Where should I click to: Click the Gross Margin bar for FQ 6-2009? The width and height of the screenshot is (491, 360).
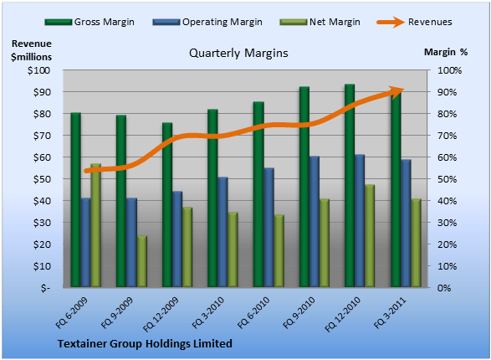tap(75, 199)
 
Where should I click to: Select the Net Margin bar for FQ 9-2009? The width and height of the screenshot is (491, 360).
tap(142, 261)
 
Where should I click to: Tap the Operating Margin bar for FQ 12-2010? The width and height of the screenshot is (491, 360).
tap(360, 220)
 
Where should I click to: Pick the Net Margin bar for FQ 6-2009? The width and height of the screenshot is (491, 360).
tap(96, 225)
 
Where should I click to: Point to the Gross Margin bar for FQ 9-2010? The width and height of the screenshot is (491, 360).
tap(304, 187)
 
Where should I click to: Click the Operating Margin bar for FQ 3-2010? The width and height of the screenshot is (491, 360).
tap(222, 232)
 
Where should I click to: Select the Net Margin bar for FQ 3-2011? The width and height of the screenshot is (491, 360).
tap(416, 243)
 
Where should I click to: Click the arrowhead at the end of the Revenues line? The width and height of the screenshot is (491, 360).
tap(397, 91)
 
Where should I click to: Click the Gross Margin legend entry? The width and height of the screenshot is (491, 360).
tap(90, 22)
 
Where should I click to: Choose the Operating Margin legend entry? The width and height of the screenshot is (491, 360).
tap(207, 22)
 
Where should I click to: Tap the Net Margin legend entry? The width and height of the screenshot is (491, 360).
tap(320, 22)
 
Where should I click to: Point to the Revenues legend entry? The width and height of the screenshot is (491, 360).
tap(414, 22)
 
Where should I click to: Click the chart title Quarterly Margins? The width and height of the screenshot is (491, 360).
tap(238, 53)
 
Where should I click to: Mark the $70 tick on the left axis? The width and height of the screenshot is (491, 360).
tap(42, 136)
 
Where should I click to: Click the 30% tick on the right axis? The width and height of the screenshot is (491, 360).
tap(448, 223)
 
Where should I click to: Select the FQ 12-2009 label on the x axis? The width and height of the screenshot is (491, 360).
tap(161, 314)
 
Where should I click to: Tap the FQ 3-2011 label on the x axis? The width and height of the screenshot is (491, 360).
tap(390, 313)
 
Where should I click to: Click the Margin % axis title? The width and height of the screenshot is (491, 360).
tap(446, 52)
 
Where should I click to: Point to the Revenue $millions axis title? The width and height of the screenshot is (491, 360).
tap(31, 50)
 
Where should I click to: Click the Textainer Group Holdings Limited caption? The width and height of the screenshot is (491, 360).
tap(145, 344)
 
